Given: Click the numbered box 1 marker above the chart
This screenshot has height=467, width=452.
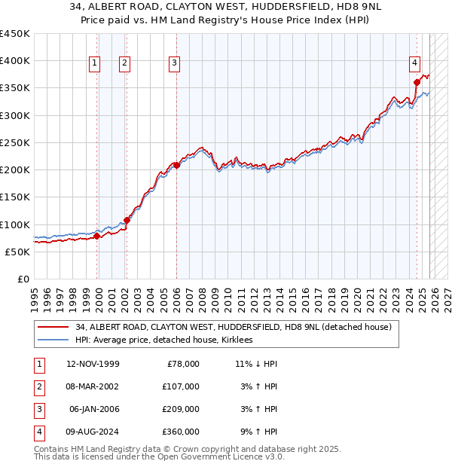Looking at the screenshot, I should [95, 64].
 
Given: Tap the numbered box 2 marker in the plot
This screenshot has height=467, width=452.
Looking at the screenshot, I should [124, 64].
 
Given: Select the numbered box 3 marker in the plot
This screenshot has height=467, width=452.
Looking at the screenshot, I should [174, 64].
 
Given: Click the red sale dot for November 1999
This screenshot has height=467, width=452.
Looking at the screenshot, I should [97, 237].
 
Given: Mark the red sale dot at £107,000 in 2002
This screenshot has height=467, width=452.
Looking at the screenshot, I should [127, 221].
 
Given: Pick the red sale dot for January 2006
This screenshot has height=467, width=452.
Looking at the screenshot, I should [176, 165].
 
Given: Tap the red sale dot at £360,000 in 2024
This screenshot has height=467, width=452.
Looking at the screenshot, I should [417, 83].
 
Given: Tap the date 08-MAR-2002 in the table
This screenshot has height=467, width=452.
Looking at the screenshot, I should [93, 386].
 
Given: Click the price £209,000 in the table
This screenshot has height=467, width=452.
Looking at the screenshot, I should [182, 409].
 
